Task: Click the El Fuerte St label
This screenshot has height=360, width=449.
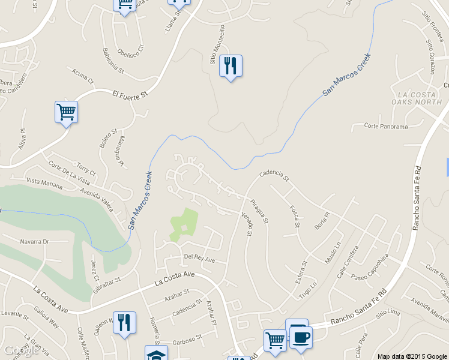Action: pyautogui.click(x=130, y=94)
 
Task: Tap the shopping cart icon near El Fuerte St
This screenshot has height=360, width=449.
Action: pyautogui.click(x=66, y=112)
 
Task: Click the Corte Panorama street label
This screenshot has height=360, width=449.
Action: pyautogui.click(x=386, y=127)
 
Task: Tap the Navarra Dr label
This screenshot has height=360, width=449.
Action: pyautogui.click(x=34, y=242)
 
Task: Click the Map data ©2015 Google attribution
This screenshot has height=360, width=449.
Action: pyautogui.click(x=412, y=356)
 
